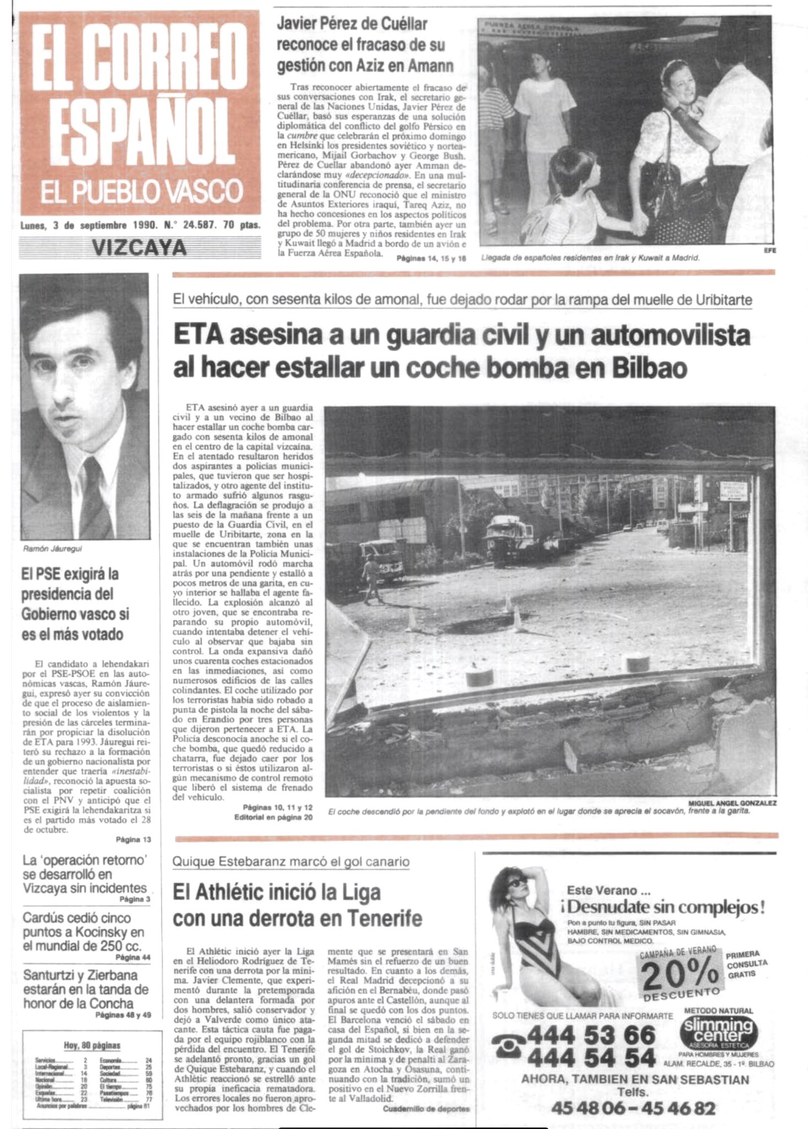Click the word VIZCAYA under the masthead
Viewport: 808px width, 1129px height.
pos(139,248)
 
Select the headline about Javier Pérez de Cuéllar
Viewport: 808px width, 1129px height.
pos(365,45)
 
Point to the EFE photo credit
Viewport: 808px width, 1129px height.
pos(769,250)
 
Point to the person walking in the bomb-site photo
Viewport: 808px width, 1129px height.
pos(371,578)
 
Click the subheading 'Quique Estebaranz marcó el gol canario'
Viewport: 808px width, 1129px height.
pos(291,862)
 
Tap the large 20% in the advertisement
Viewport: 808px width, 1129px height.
pos(680,975)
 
